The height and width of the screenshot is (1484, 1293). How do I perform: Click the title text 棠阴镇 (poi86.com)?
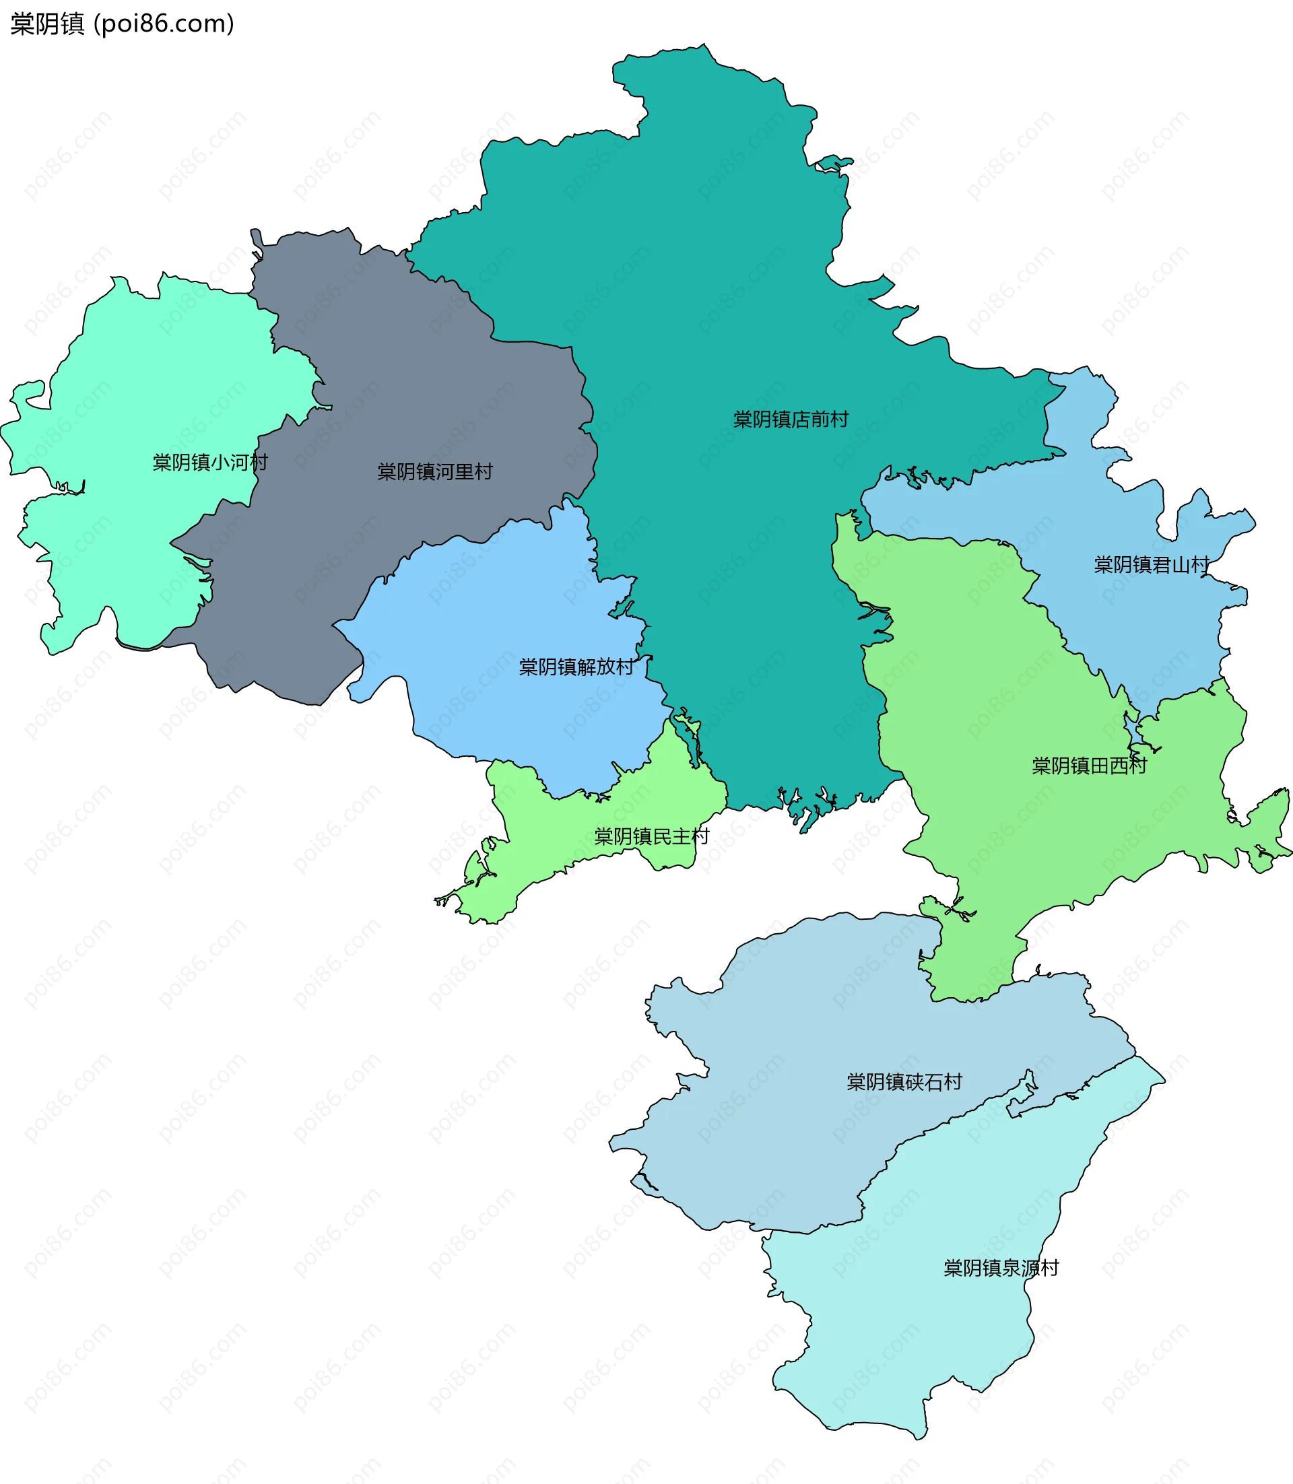click(122, 24)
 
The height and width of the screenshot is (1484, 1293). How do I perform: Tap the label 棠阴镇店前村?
click(790, 419)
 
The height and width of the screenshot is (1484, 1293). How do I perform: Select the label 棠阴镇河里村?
click(434, 472)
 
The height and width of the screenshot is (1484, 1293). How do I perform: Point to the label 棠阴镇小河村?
click(210, 463)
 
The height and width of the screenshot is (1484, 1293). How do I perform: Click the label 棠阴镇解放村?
click(576, 667)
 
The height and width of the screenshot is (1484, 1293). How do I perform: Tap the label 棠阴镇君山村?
click(1151, 565)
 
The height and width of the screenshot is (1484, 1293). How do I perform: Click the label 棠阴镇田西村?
click(1089, 766)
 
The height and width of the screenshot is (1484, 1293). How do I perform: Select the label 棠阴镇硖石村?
click(904, 1081)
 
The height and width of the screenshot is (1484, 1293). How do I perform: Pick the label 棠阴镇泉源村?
click(1001, 1269)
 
